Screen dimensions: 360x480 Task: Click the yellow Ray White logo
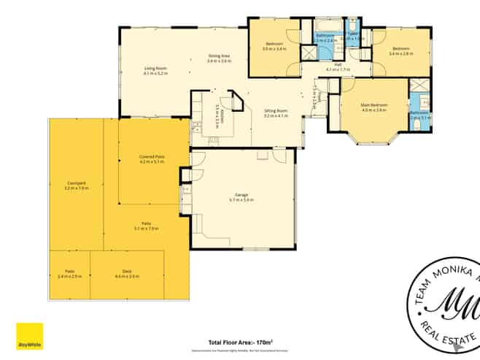[30, 337]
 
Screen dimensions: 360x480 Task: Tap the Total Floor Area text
[240, 342]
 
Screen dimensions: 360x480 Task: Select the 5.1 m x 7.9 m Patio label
[146, 226]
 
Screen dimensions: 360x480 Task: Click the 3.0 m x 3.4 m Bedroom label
[274, 46]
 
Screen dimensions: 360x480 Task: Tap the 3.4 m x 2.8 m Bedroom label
[400, 51]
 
